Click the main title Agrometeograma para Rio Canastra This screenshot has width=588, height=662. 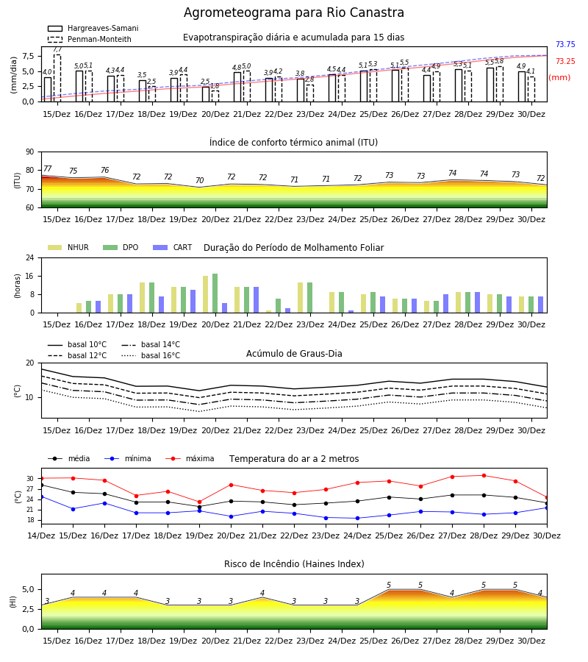pos(293,13)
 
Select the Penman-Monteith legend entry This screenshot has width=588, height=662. pos(90,39)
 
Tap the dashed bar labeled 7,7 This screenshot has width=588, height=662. pos(57,78)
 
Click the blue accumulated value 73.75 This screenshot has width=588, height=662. pos(565,44)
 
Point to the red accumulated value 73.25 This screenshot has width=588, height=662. pos(565,61)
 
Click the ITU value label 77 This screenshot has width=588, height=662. pos(47,168)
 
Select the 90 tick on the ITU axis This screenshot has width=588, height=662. pos(30,152)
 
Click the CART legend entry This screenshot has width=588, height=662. pos(172,247)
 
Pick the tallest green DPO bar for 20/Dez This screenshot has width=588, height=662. pos(215,293)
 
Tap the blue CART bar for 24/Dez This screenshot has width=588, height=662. pos(351,312)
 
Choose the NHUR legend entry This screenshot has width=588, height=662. pos(68,247)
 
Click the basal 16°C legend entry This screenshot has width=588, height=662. pos(151,355)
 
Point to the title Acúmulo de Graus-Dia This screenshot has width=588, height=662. pos(294,353)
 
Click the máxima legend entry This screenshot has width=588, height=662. pos(190,458)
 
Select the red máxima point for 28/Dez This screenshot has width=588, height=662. pos(484,475)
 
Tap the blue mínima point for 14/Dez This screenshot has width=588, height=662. pos(41,497)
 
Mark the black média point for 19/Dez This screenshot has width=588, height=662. pos(199,507)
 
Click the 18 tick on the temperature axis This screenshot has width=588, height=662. pos(30,520)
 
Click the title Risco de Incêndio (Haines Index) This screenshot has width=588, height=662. pos(294,564)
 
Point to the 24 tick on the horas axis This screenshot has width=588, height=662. pos(30,257)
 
